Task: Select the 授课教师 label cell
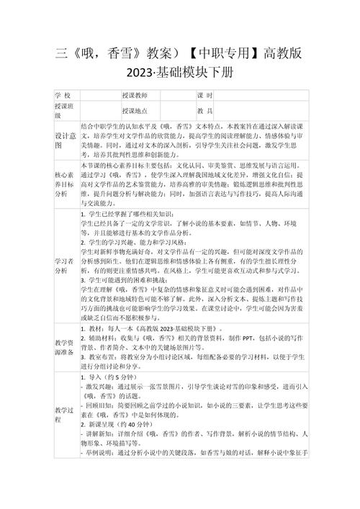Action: pos(135,96)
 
